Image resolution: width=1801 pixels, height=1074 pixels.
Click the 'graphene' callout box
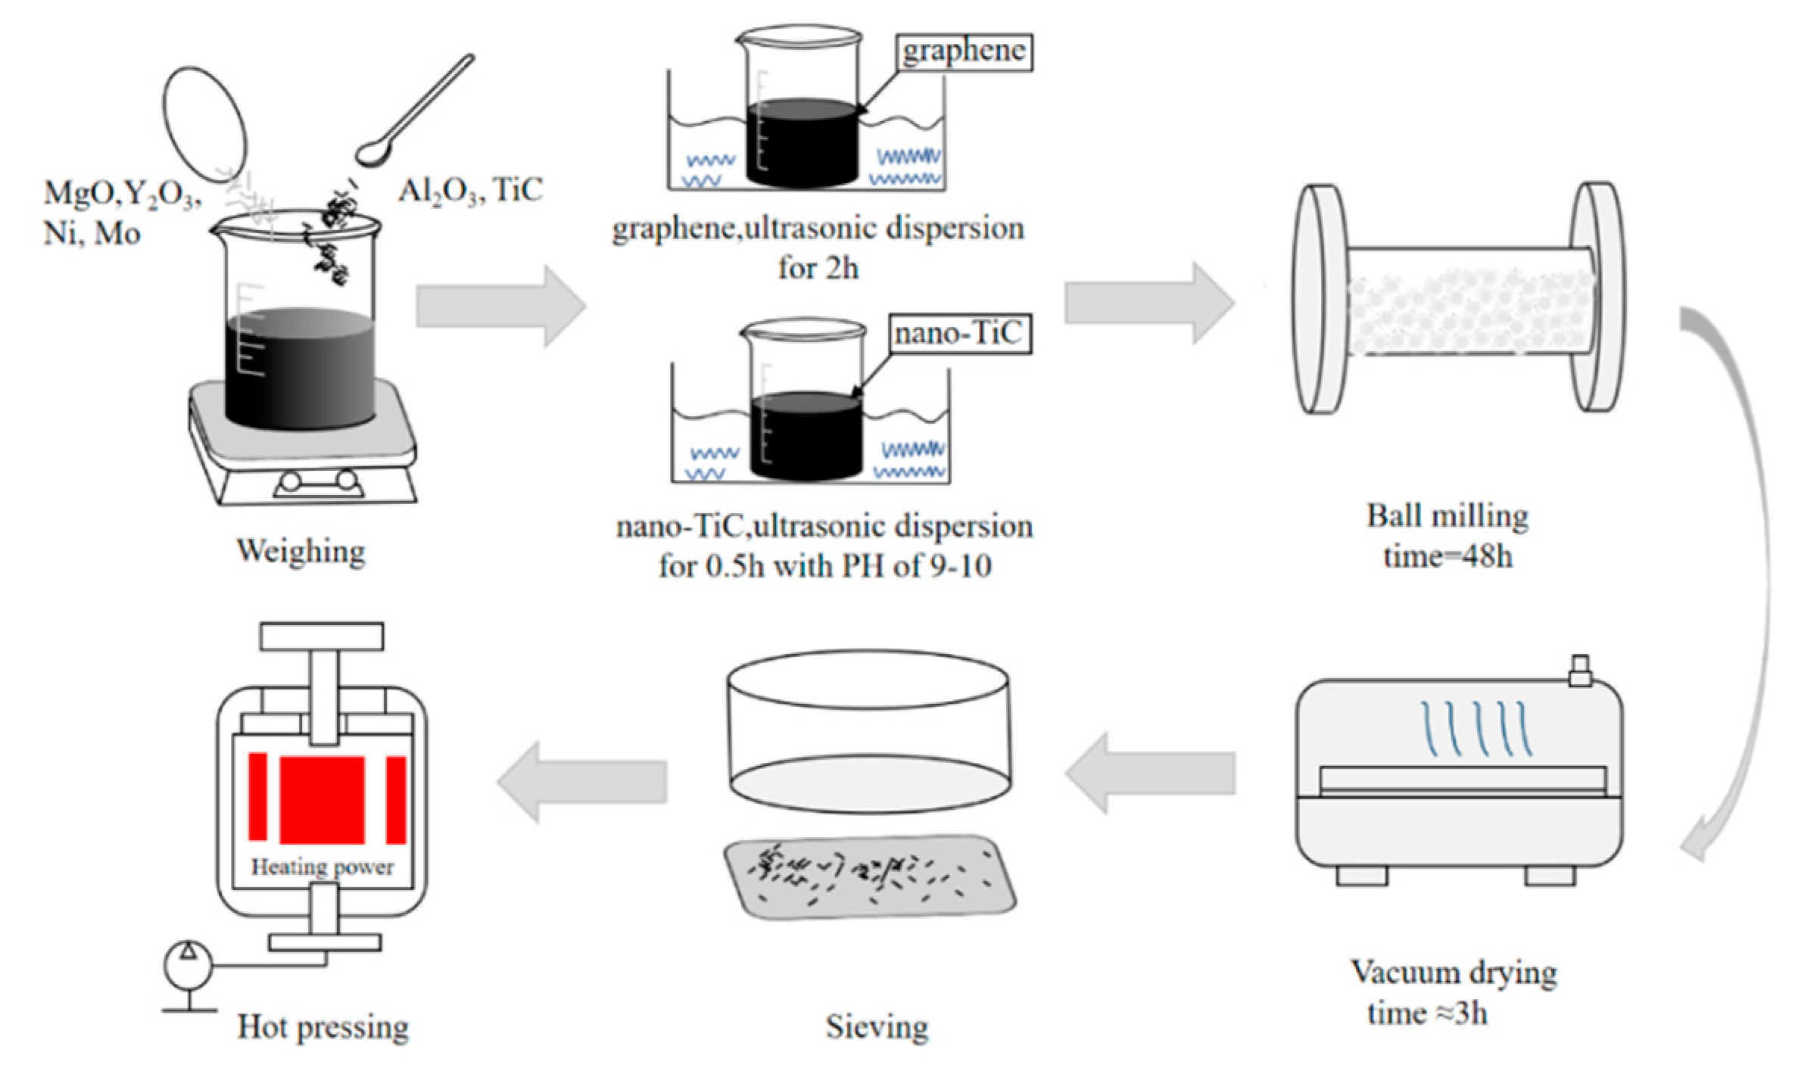point(964,51)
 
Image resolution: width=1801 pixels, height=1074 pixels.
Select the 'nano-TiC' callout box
point(958,334)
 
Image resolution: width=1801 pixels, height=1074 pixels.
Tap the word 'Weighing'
point(301,550)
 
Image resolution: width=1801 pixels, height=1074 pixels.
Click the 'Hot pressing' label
point(323,1027)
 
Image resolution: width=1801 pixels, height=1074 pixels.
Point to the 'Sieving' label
point(877,1027)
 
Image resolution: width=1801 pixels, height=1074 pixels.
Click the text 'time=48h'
point(1447,556)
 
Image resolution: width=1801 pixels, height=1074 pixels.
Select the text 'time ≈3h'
point(1427,1013)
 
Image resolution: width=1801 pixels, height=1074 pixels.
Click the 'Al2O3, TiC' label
point(470,189)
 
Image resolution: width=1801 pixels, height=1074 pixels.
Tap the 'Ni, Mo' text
point(92,233)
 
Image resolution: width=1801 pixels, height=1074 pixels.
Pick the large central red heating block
point(322,799)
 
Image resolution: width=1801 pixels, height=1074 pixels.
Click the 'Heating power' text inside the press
point(322,867)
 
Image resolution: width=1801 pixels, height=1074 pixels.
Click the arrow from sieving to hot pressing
point(581,781)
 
